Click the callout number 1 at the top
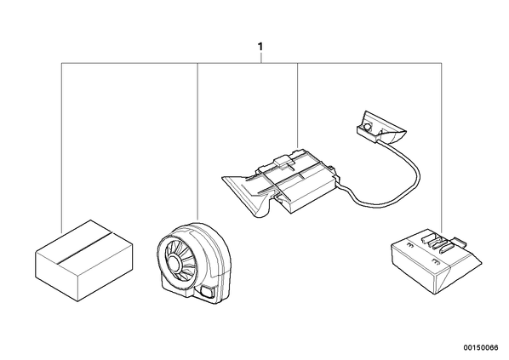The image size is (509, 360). tap(260, 47)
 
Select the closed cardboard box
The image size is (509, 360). tap(84, 260)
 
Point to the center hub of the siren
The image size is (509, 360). tap(174, 262)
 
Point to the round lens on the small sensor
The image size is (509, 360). tap(368, 126)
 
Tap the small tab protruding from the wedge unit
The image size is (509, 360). tap(460, 241)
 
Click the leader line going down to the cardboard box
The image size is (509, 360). tap(61, 147)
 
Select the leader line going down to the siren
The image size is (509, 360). tap(197, 142)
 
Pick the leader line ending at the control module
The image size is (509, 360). tap(298, 106)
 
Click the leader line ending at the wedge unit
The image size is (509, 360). tap(441, 147)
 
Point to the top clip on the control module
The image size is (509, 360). tap(283, 161)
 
